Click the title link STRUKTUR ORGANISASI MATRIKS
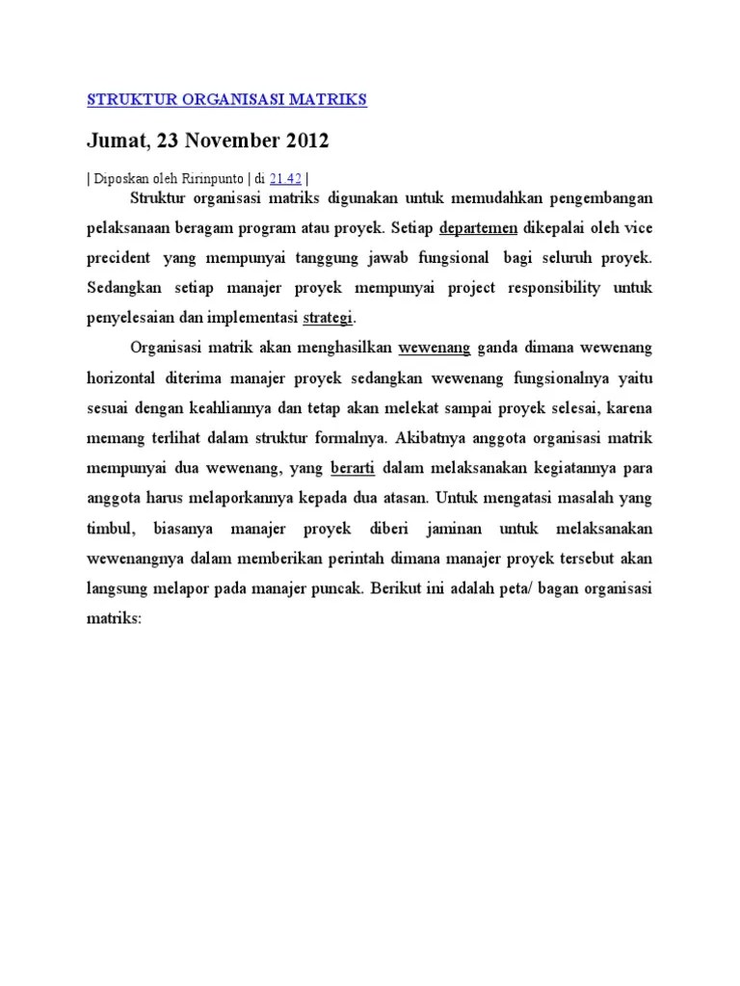[x=227, y=99]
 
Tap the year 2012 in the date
[x=307, y=142]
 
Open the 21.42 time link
[x=286, y=177]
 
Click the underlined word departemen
[x=479, y=229]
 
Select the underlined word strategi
[x=329, y=317]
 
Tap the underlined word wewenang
[x=435, y=348]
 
